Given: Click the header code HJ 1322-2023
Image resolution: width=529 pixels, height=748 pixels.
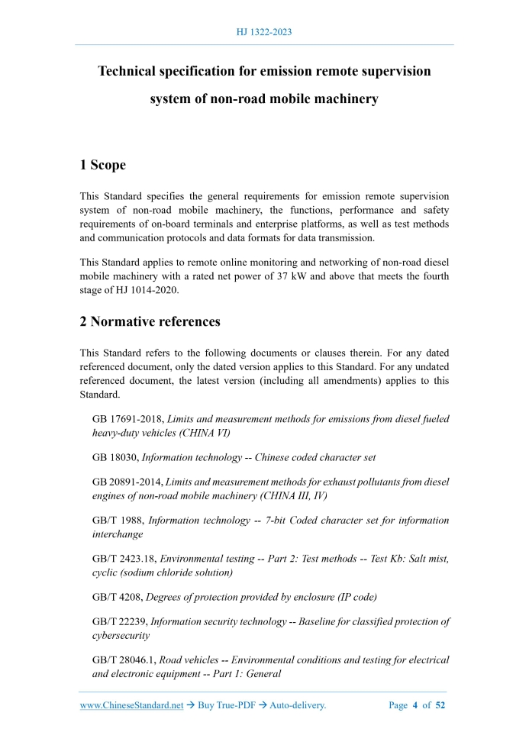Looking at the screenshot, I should [x=264, y=32].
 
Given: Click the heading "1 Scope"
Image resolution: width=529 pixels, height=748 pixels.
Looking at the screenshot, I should [x=103, y=165].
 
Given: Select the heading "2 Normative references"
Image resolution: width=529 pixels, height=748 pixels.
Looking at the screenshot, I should [x=150, y=321].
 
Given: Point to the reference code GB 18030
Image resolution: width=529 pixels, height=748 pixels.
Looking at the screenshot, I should [x=115, y=458].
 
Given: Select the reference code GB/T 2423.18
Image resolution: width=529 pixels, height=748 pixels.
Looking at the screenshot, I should [x=124, y=559].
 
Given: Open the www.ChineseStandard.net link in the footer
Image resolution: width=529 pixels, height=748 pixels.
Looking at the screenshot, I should [x=131, y=705].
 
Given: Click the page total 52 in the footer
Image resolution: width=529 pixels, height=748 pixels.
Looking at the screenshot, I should [x=440, y=705].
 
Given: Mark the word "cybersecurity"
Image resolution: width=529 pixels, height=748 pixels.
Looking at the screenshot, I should [x=121, y=635].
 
